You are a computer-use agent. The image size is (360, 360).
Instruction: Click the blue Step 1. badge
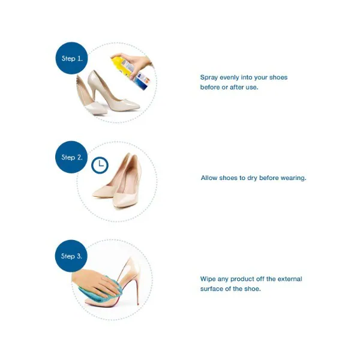tap(71, 58)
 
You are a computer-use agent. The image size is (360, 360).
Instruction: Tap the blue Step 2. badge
tap(71, 157)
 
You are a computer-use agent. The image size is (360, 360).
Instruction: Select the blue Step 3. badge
tap(71, 256)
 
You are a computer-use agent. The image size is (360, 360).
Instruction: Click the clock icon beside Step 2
tap(100, 165)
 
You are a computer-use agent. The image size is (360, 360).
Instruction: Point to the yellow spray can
tap(130, 71)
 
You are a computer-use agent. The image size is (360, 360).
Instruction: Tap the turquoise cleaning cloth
tap(100, 291)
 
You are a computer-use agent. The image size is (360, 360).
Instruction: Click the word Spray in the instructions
tap(209, 77)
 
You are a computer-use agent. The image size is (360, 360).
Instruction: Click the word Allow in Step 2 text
tap(209, 178)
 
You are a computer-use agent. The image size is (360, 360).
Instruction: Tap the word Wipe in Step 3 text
tap(208, 279)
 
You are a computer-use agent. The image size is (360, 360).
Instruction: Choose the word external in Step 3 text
tap(290, 279)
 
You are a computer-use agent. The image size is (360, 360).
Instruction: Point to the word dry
tap(252, 178)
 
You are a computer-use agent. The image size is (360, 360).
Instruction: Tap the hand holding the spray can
tap(135, 60)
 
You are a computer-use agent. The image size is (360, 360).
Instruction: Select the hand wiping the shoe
tap(97, 284)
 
